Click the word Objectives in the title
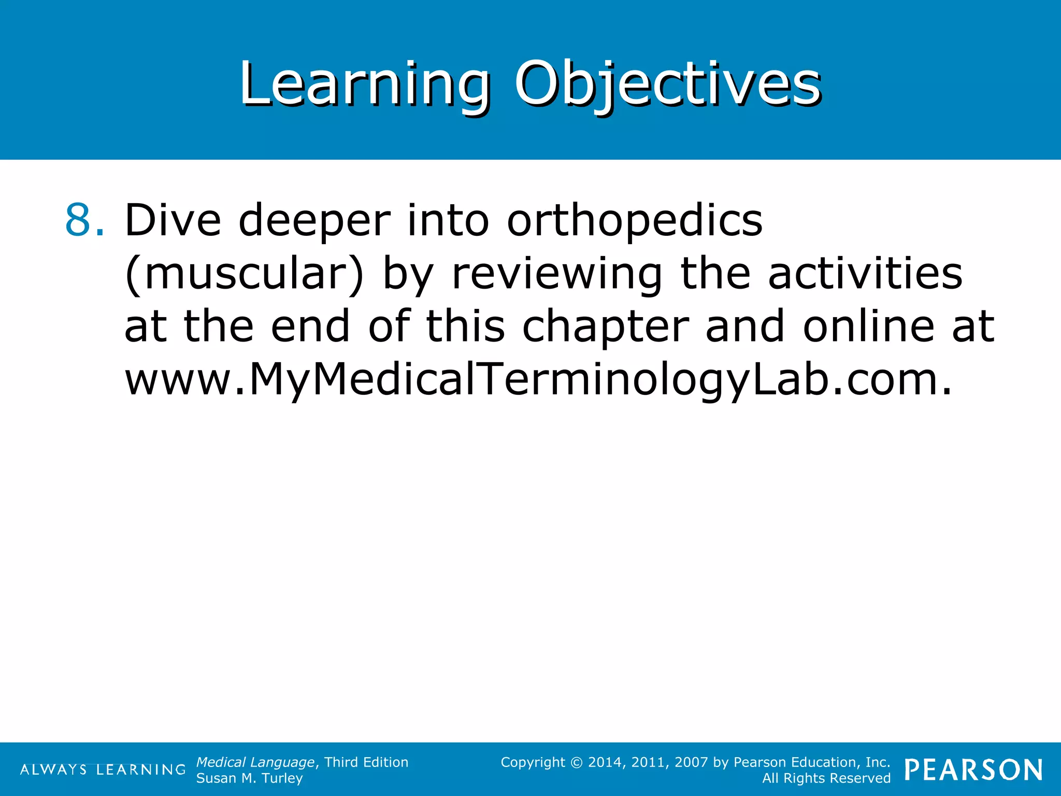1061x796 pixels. [x=667, y=84]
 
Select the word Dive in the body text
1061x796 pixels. [x=173, y=220]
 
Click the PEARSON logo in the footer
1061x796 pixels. [x=973, y=770]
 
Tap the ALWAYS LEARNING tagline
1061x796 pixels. [x=103, y=770]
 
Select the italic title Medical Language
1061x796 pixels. [x=255, y=762]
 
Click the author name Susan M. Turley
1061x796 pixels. [x=249, y=778]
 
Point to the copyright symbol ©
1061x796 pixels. [x=576, y=763]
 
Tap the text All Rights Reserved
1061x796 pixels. [x=826, y=778]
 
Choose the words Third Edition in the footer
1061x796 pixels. [x=366, y=762]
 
